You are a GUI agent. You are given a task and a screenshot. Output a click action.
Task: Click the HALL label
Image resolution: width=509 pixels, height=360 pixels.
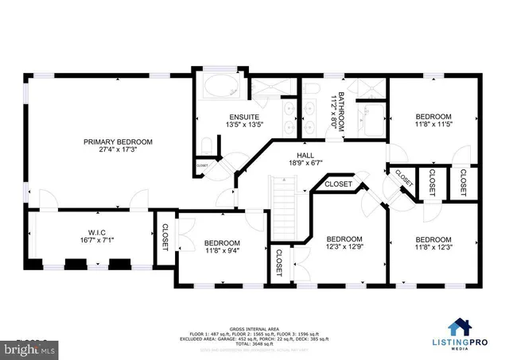(305, 156)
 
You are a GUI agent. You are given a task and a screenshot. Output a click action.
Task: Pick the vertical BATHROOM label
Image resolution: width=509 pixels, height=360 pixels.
(339, 111)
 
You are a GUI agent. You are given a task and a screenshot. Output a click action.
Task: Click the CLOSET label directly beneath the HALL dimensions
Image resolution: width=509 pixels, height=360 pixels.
(339, 184)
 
